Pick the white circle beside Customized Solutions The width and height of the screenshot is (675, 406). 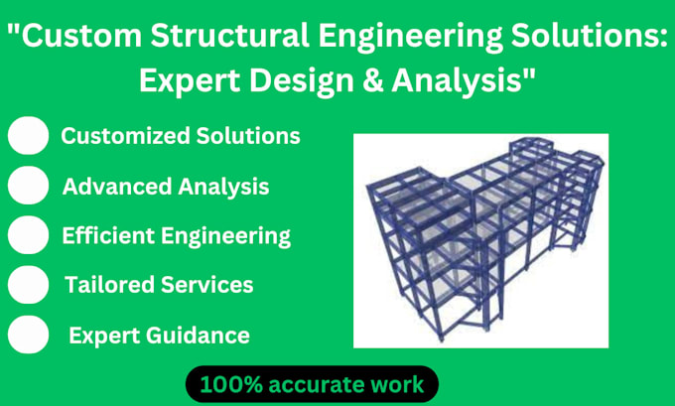point(29,135)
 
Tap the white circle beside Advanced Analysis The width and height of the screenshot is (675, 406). point(29,186)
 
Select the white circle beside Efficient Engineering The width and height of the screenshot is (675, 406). point(29,235)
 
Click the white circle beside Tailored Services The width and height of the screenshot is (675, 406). point(29,286)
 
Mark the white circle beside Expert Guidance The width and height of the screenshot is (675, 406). point(29,336)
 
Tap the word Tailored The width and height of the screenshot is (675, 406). point(102,286)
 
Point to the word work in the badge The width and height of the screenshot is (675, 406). point(395,383)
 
